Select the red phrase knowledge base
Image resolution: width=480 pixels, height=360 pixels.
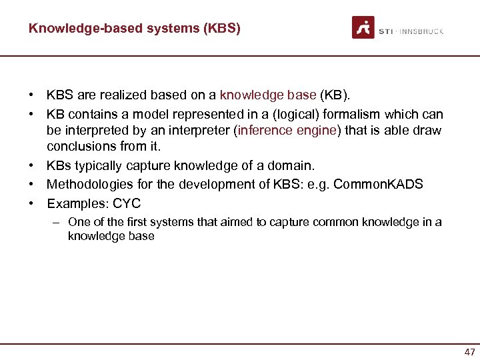pos(268,96)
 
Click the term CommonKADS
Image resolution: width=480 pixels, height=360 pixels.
pos(378,184)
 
